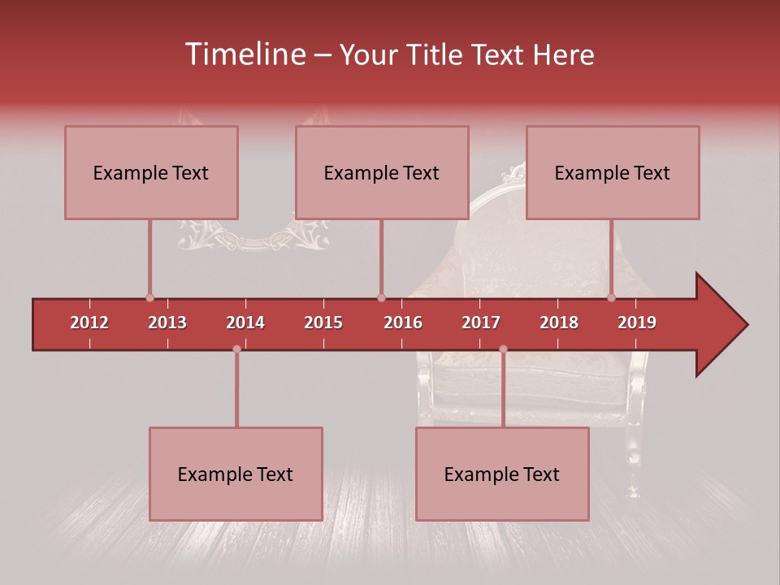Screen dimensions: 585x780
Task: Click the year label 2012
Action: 89,323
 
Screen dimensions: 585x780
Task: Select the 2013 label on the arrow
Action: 167,323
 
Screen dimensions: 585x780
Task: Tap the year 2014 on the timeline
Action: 245,323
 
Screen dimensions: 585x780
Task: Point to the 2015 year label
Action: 323,323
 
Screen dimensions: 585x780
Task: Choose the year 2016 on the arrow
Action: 403,323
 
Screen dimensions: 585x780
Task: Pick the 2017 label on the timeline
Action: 481,323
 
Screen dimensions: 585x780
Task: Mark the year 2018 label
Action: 559,323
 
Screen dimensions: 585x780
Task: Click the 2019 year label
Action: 637,323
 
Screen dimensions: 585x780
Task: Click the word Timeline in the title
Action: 244,54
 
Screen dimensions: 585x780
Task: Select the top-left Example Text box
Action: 151,172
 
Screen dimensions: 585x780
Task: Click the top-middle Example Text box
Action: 382,172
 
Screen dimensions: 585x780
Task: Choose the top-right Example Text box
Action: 613,172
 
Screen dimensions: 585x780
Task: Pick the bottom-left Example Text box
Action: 236,474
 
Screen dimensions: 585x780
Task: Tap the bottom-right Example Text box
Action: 502,474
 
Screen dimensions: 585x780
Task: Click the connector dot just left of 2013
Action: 149,298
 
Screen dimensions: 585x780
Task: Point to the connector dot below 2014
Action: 236,349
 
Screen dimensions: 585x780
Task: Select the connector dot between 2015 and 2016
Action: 381,298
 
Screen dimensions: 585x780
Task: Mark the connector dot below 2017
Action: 503,349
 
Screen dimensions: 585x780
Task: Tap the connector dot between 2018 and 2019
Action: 611,298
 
